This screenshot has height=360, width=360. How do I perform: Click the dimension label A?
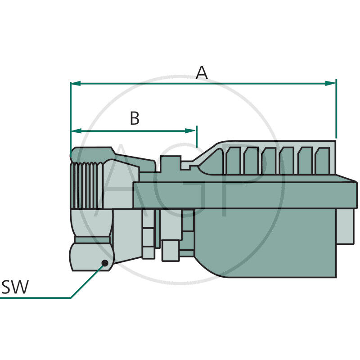pyautogui.click(x=202, y=72)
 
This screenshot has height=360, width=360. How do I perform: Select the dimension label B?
pyautogui.click(x=135, y=119)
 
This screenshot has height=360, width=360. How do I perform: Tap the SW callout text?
pyautogui.click(x=15, y=287)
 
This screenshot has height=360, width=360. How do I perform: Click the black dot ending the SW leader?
pyautogui.click(x=105, y=263)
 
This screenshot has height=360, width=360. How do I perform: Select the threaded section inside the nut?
pyautogui.click(x=87, y=184)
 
